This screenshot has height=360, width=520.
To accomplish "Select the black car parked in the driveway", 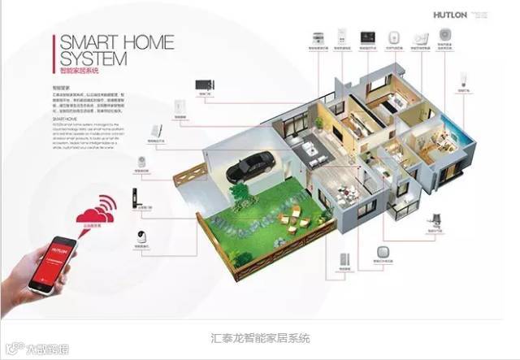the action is coord(248,167).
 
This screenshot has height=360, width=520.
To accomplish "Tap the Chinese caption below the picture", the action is coord(259,337).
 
